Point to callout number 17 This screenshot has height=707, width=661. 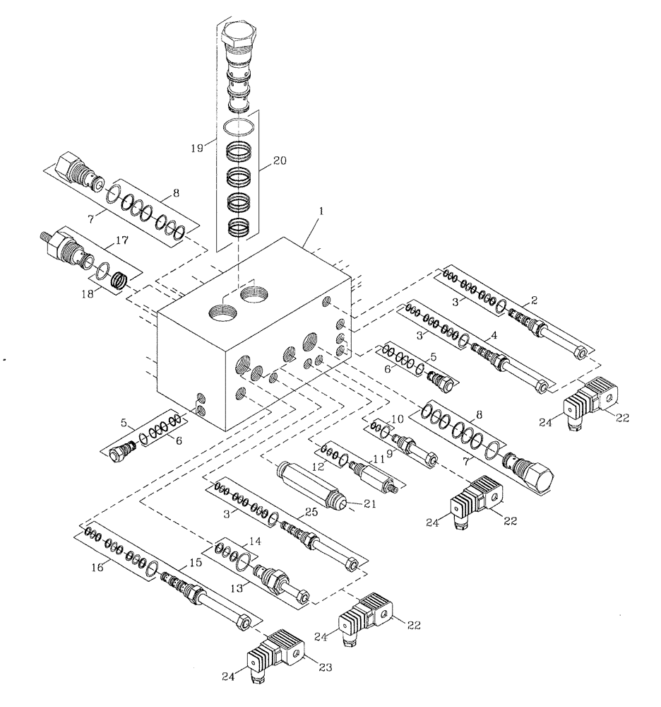pyautogui.click(x=121, y=241)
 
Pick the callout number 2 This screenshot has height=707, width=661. pyautogui.click(x=535, y=300)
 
